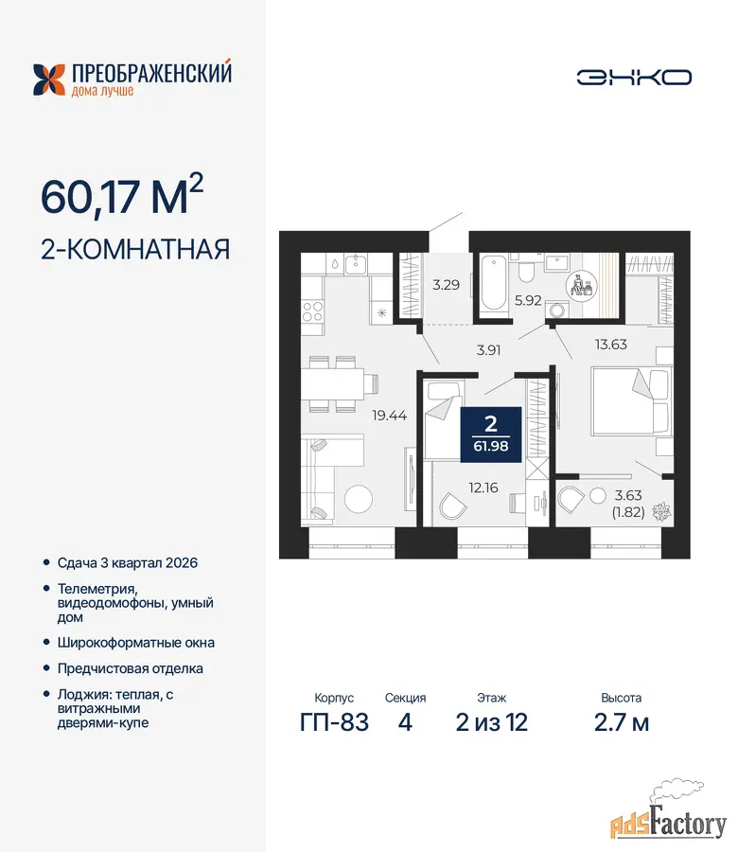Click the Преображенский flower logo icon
49,80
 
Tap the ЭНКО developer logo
634,78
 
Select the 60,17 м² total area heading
122,195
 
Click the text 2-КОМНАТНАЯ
135,249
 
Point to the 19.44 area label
390,416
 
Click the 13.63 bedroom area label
610,344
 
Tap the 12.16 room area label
483,488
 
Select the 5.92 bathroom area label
528,300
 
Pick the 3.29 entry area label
446,285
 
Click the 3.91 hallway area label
488,350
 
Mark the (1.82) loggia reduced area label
627,512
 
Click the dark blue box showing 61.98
491,435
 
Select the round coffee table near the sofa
359,498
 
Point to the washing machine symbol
556,311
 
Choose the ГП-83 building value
334,722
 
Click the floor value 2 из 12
491,722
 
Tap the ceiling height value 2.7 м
622,722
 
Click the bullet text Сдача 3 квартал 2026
128,563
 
